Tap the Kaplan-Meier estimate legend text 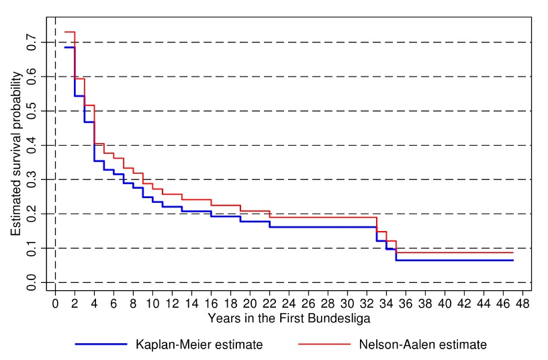pyautogui.click(x=199, y=345)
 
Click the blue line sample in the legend pyautogui.click(x=101, y=344)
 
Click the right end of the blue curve pyautogui.click(x=512, y=260)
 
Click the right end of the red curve pyautogui.click(x=512, y=253)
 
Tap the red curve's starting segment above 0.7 pyautogui.click(x=69, y=32)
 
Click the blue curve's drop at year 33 pyautogui.click(x=377, y=234)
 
